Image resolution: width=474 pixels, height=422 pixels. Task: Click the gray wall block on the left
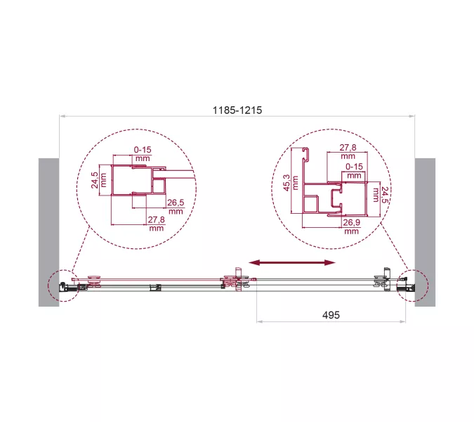(48, 231)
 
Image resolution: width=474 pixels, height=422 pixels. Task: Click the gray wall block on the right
(425, 231)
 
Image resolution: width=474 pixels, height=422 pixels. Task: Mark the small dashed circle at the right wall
(409, 286)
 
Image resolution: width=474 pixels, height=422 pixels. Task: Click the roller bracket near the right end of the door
(385, 281)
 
